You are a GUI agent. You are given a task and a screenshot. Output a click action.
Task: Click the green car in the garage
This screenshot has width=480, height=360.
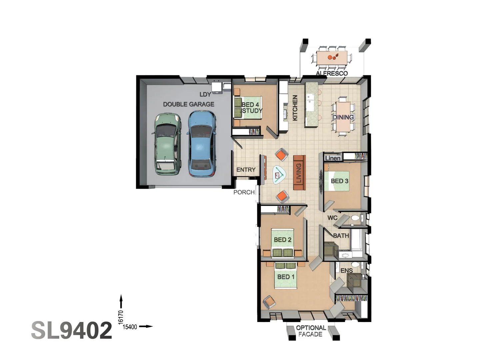click(x=168, y=144)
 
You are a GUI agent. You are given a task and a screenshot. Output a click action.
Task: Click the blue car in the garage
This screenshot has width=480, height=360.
click(x=201, y=143)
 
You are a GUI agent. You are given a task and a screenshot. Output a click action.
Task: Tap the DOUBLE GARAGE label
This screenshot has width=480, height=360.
click(x=189, y=104)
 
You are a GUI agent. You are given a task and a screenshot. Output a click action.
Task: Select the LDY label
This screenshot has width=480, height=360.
click(x=205, y=95)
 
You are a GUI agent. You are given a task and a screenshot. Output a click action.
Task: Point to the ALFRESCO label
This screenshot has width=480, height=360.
click(x=332, y=73)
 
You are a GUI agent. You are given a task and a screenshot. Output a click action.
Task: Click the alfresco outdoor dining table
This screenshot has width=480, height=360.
click(x=332, y=58)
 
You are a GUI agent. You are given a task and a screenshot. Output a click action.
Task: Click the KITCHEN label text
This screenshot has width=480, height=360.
click(x=295, y=108)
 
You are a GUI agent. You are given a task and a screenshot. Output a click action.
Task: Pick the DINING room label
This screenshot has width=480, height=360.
click(x=343, y=117)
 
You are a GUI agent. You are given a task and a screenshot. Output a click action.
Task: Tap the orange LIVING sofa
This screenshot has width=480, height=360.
click(x=299, y=173)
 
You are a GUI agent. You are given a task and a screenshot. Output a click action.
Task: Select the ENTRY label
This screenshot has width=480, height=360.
click(x=246, y=170)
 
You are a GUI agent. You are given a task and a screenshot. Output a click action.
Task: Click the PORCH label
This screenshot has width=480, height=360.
click(x=244, y=192)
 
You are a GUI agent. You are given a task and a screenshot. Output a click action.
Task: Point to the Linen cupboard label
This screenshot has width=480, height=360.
click(x=333, y=158)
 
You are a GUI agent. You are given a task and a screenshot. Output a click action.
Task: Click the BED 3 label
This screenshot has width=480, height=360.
click(x=339, y=181)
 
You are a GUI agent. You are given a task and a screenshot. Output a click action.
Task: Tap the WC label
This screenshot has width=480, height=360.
click(x=332, y=218)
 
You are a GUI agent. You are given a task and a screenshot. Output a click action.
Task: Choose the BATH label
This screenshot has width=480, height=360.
click(x=341, y=236)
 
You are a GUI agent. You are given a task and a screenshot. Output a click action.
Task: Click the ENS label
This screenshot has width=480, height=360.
click(x=346, y=271)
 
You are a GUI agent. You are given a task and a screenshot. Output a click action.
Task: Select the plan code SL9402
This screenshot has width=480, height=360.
click(x=72, y=330)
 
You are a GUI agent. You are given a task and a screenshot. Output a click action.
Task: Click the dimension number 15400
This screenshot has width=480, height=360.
click(x=130, y=327)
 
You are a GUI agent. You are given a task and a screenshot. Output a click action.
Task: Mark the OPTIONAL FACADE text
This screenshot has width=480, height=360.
click(x=311, y=331)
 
